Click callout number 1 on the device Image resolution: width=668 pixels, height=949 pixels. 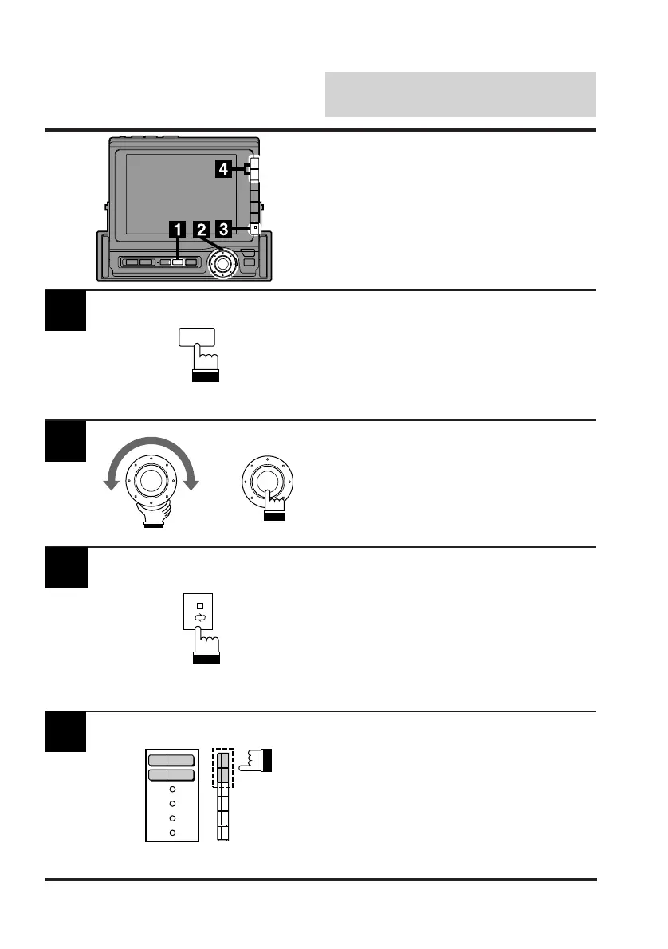tap(177, 230)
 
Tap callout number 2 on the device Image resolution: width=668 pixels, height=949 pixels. tap(202, 230)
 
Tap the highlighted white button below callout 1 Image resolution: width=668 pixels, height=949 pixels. tap(178, 262)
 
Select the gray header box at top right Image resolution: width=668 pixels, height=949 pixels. tap(461, 94)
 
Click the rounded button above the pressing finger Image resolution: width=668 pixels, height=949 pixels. tap(198, 338)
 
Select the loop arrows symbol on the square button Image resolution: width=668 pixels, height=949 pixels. tap(200, 616)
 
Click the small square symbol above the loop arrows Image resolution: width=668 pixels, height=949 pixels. tap(200, 605)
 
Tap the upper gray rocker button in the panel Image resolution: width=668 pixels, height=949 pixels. tap(170, 760)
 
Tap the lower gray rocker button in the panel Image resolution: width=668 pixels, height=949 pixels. tap(170, 775)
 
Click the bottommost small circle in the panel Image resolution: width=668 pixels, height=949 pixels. tap(172, 832)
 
